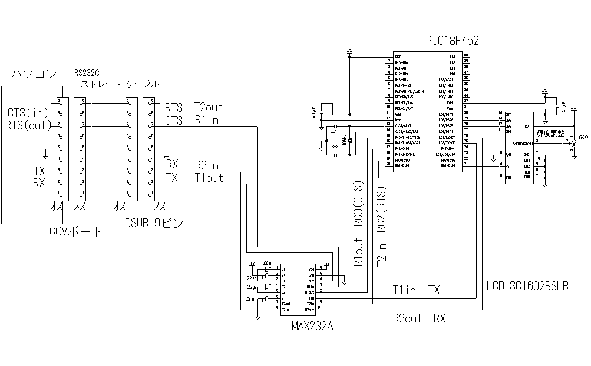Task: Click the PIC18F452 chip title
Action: [x=452, y=41]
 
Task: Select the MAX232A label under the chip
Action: [x=312, y=325]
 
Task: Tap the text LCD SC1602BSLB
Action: [x=527, y=287]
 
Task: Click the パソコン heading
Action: [x=35, y=74]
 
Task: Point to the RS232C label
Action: [x=87, y=74]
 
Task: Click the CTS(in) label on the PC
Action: [x=28, y=112]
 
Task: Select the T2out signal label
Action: [x=209, y=108]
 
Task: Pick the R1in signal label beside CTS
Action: [x=207, y=121]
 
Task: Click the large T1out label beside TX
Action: [x=209, y=177]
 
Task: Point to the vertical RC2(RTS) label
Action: [x=381, y=209]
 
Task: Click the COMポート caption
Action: [x=75, y=232]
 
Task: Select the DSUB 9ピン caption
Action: [x=154, y=223]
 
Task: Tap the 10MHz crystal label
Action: [x=344, y=140]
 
